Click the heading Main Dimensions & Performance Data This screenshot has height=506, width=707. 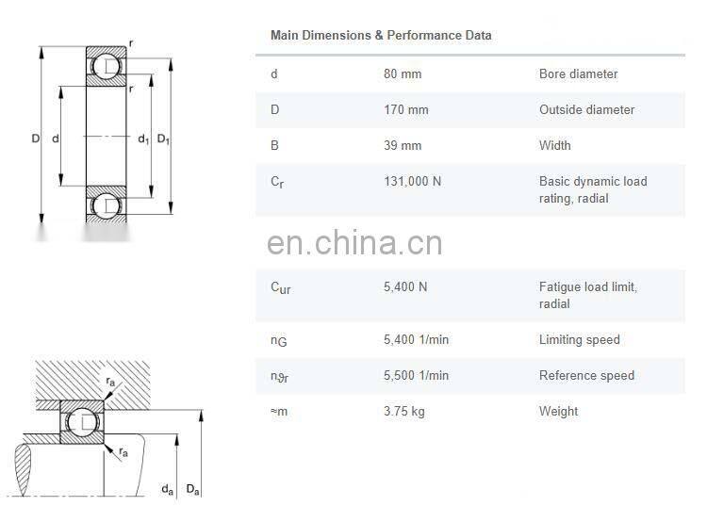point(381,36)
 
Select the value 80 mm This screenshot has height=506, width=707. point(403,73)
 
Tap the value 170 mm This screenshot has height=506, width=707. point(406,109)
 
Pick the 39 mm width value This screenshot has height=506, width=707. point(403,145)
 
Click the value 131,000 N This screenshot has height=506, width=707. point(412,181)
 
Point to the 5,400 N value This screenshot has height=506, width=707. point(405,286)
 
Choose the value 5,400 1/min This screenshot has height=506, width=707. point(416,339)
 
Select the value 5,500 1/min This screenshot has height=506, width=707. point(416,375)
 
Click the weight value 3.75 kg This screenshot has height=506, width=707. point(403,411)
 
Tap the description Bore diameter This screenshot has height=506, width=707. point(578,73)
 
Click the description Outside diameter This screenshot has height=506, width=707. point(586,109)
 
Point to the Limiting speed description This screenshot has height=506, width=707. point(580,339)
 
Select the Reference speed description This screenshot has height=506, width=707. point(586,375)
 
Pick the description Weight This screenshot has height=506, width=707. point(558,411)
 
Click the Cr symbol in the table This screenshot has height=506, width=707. point(277,182)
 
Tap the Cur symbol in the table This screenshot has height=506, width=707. point(281,287)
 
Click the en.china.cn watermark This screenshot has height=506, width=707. point(354,244)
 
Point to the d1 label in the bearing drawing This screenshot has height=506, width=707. point(143,139)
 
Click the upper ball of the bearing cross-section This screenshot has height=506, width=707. point(105,66)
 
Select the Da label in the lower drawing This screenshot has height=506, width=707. point(192,489)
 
